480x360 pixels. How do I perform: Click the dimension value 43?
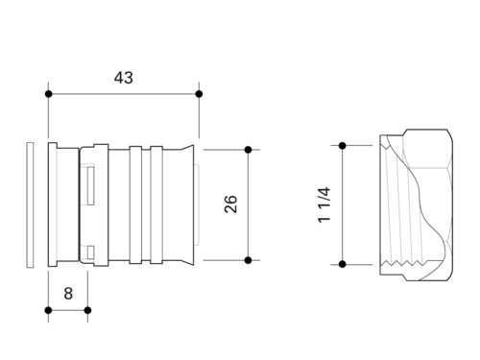(124, 78)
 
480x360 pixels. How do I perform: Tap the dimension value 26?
(230, 204)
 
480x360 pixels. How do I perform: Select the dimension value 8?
(68, 294)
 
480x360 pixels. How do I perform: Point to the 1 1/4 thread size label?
(324, 204)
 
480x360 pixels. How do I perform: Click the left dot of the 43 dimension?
(48, 94)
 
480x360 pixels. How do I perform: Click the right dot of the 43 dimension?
(199, 94)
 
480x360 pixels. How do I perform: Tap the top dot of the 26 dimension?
(248, 150)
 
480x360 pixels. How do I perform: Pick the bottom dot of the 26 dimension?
(248, 260)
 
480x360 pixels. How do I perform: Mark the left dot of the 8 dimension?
(48, 310)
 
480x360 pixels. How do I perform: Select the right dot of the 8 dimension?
(87, 310)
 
